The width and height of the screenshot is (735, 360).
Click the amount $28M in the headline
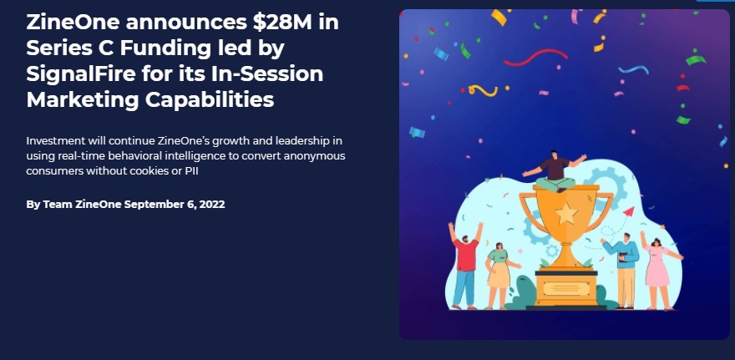(x=281, y=23)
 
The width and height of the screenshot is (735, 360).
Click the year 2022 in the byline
(x=212, y=205)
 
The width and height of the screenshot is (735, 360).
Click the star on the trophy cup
(x=566, y=213)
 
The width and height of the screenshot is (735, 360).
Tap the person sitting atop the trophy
(x=555, y=171)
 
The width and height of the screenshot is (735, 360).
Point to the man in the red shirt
(x=465, y=266)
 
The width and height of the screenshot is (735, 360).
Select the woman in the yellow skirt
(x=499, y=276)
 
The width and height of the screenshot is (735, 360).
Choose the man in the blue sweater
(x=623, y=271)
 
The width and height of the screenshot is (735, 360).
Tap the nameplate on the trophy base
(x=566, y=288)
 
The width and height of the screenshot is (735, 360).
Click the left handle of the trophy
(x=528, y=212)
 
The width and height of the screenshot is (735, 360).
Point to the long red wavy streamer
(x=535, y=57)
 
